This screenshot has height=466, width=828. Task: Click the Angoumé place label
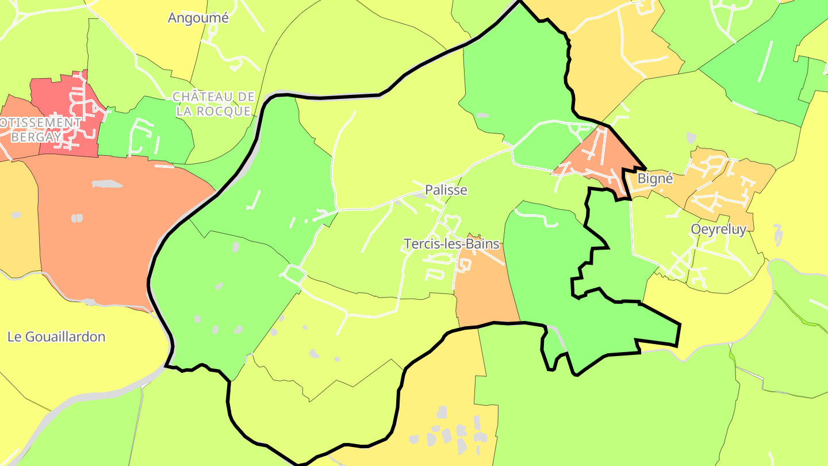198,18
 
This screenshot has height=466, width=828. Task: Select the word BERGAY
35,137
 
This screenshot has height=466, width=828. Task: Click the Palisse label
446,190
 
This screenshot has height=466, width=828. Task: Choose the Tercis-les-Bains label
451,244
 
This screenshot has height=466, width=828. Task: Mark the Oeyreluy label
718,230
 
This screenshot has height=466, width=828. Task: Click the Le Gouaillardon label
56,337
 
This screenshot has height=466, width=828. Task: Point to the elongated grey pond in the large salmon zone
107,184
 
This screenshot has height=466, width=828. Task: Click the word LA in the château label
184,111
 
